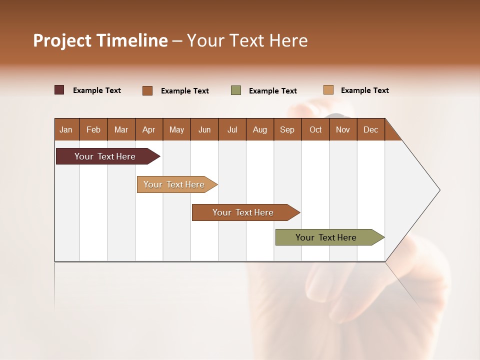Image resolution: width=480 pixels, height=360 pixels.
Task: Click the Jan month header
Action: pos(66,129)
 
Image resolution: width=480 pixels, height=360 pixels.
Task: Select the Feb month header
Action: pos(93,129)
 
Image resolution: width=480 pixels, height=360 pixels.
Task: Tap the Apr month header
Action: pos(148,129)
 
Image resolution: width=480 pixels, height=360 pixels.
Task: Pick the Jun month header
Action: pos(204,129)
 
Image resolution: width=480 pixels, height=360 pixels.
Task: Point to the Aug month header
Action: pos(259,129)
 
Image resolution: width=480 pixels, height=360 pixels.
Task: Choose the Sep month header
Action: pos(287,129)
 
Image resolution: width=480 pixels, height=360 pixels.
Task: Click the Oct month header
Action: pos(315,129)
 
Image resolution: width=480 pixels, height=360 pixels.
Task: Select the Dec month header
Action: pos(370,129)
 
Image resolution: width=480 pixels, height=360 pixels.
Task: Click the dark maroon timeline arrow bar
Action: pos(105,156)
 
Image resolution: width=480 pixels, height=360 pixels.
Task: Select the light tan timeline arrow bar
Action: pos(174,184)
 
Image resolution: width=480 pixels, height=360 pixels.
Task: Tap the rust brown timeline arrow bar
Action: pos(243,212)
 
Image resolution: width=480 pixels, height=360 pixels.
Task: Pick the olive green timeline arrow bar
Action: pos(326,237)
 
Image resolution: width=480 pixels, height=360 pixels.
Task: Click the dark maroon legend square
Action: pos(59,90)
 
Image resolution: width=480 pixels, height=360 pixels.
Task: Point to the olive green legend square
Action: pos(236,90)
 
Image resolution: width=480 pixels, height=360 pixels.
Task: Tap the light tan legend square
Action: pos(328,90)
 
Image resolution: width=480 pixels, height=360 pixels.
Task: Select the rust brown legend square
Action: pos(147,90)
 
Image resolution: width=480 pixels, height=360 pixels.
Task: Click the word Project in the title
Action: pos(62,40)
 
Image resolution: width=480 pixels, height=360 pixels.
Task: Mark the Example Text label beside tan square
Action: pos(364,90)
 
